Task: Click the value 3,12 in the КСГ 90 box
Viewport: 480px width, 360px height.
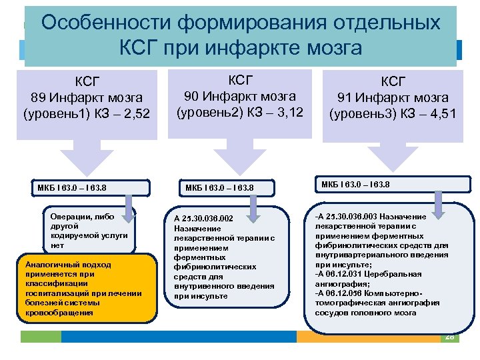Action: [x=288, y=112]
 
